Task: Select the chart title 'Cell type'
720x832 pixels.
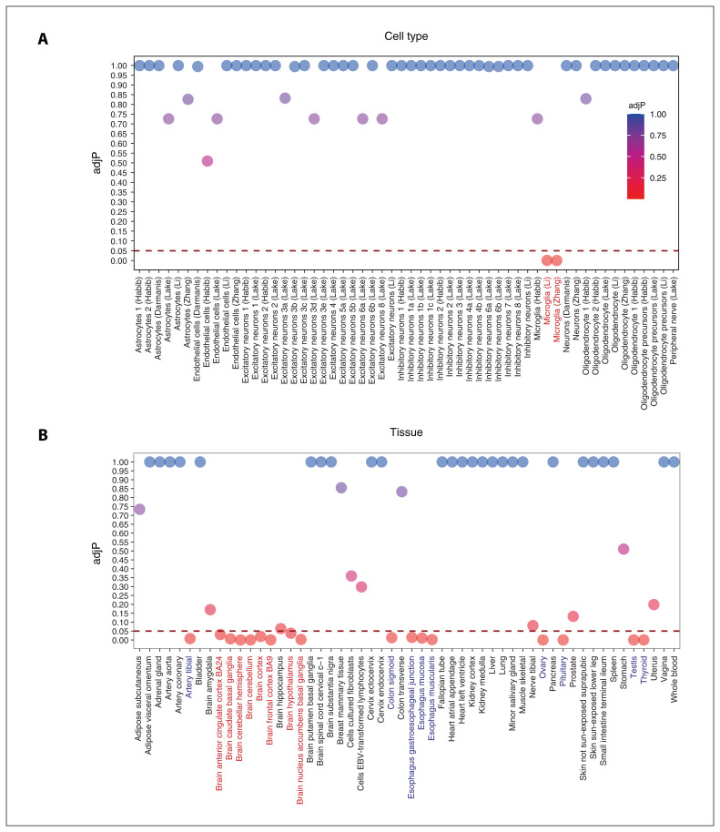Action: pos(406,36)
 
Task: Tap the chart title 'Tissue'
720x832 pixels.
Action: pos(406,433)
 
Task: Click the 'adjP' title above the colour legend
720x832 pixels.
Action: pos(637,105)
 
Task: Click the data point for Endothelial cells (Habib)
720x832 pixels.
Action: pos(208,161)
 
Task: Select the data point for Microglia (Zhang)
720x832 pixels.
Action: pos(557,260)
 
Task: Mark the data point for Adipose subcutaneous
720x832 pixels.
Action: pos(139,509)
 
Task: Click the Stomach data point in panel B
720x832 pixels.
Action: pos(624,549)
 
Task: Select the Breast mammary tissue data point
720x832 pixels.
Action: pos(341,488)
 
